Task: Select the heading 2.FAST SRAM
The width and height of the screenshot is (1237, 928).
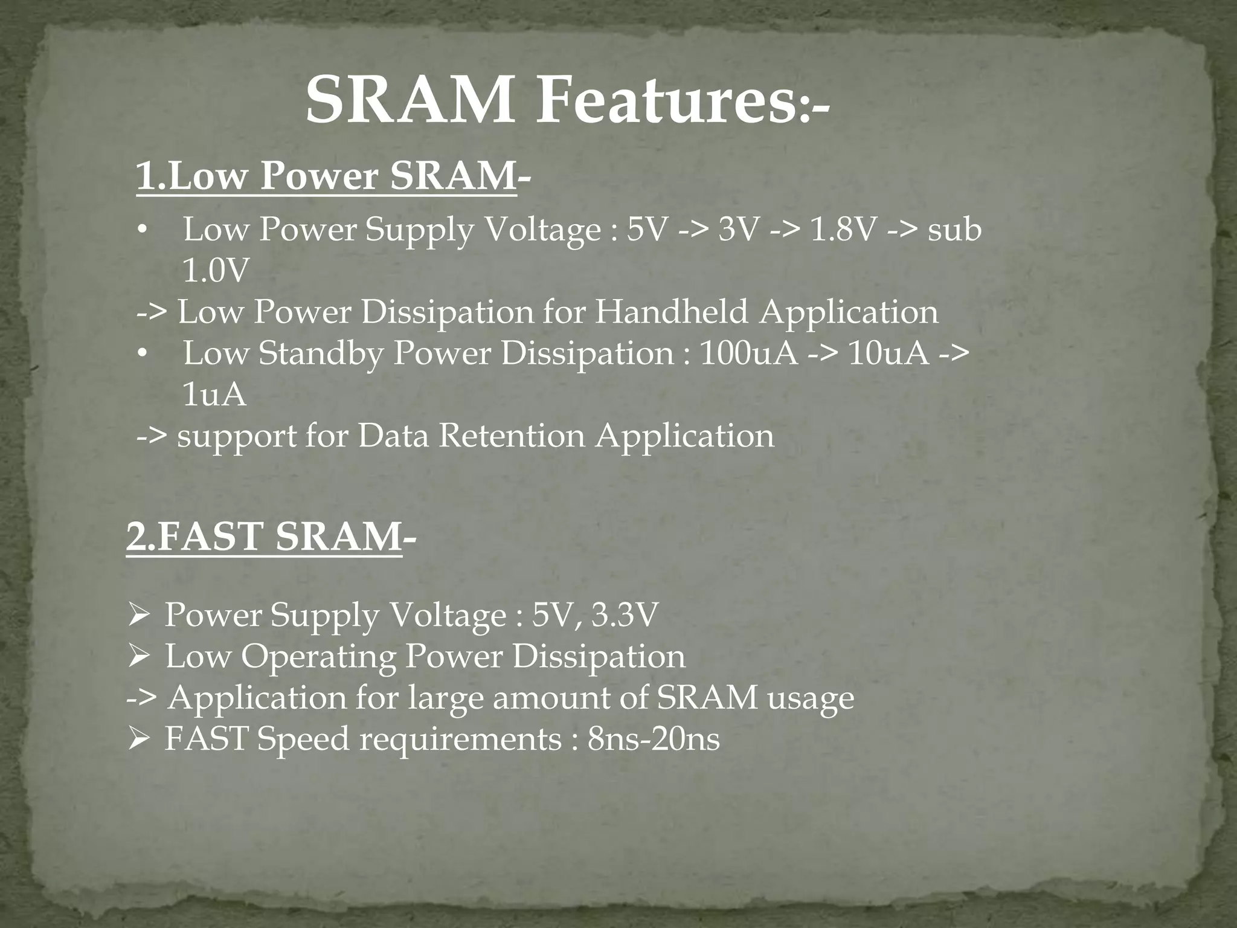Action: [264, 537]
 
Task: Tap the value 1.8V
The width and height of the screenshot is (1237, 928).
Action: [841, 230]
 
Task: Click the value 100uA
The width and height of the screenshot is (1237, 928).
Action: [748, 353]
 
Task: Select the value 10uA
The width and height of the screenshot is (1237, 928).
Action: [888, 353]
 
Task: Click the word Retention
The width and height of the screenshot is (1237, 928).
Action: [512, 436]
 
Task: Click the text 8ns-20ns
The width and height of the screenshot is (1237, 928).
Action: [654, 739]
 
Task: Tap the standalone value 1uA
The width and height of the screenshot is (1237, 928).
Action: [214, 395]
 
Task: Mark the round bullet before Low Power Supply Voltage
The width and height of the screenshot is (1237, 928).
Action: [141, 231]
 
